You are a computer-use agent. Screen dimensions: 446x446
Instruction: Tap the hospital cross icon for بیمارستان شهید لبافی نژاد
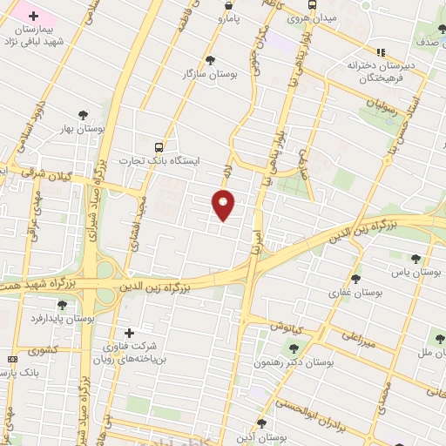[34, 17]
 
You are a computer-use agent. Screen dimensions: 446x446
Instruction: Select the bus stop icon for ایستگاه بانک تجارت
[158, 147]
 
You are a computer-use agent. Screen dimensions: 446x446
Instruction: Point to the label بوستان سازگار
[209, 75]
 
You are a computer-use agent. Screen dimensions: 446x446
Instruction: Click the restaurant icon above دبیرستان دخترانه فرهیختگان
[380, 51]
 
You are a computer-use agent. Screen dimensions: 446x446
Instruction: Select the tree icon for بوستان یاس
[416, 258]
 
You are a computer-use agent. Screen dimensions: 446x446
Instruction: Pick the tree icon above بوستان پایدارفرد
[61, 304]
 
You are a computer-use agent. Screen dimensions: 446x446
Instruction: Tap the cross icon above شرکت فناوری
[130, 333]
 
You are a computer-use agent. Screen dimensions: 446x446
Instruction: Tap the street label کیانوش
[285, 326]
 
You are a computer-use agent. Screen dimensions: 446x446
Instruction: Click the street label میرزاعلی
[358, 337]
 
